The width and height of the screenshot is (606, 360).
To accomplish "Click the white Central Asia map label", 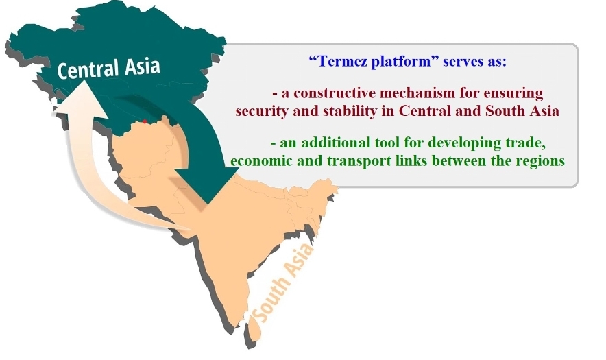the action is pos(108,68).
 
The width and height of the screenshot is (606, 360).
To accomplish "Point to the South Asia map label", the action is pos(283,283).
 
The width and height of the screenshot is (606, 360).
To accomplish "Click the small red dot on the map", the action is pos(145,121).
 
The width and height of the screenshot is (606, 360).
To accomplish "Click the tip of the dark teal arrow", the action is pos(208,204).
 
